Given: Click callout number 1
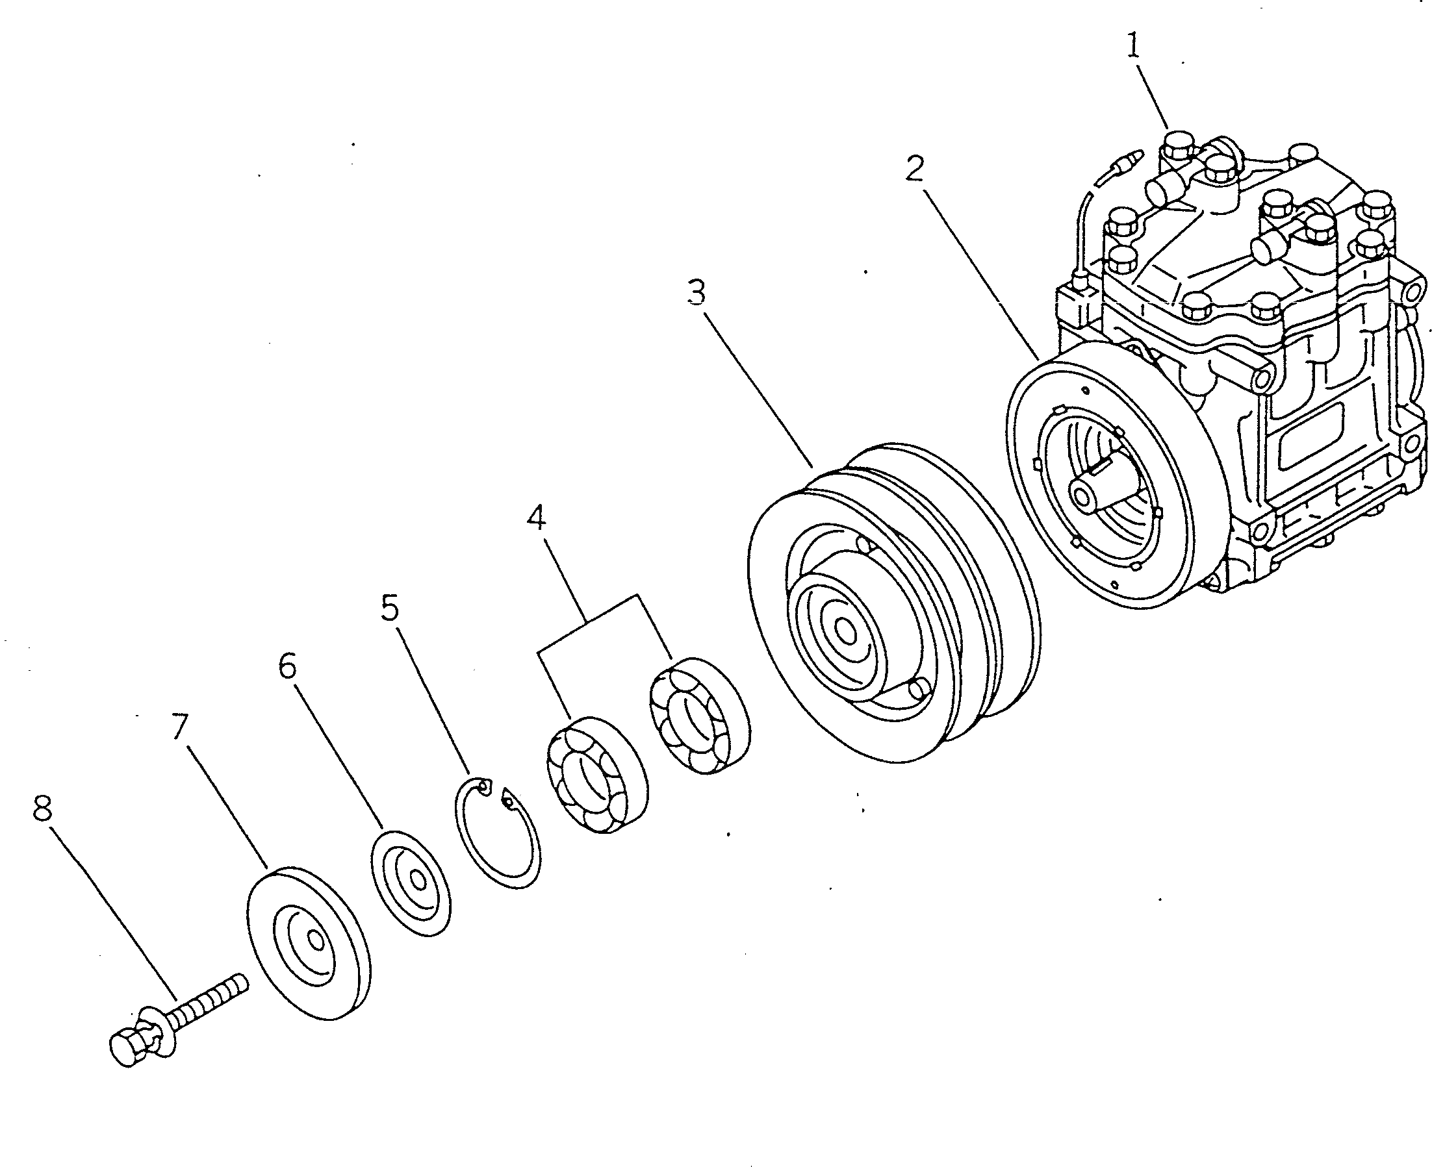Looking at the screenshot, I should click(x=1133, y=46).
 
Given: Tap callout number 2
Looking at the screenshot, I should click(x=914, y=168).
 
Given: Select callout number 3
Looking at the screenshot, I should click(x=696, y=293).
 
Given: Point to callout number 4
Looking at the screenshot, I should click(x=536, y=518).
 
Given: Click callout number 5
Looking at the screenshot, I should click(x=389, y=608).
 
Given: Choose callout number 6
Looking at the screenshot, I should click(x=287, y=666).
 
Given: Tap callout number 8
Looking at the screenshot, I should click(x=42, y=808).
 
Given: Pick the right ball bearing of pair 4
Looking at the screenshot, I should click(x=700, y=716).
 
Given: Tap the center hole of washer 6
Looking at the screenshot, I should click(x=418, y=881).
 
